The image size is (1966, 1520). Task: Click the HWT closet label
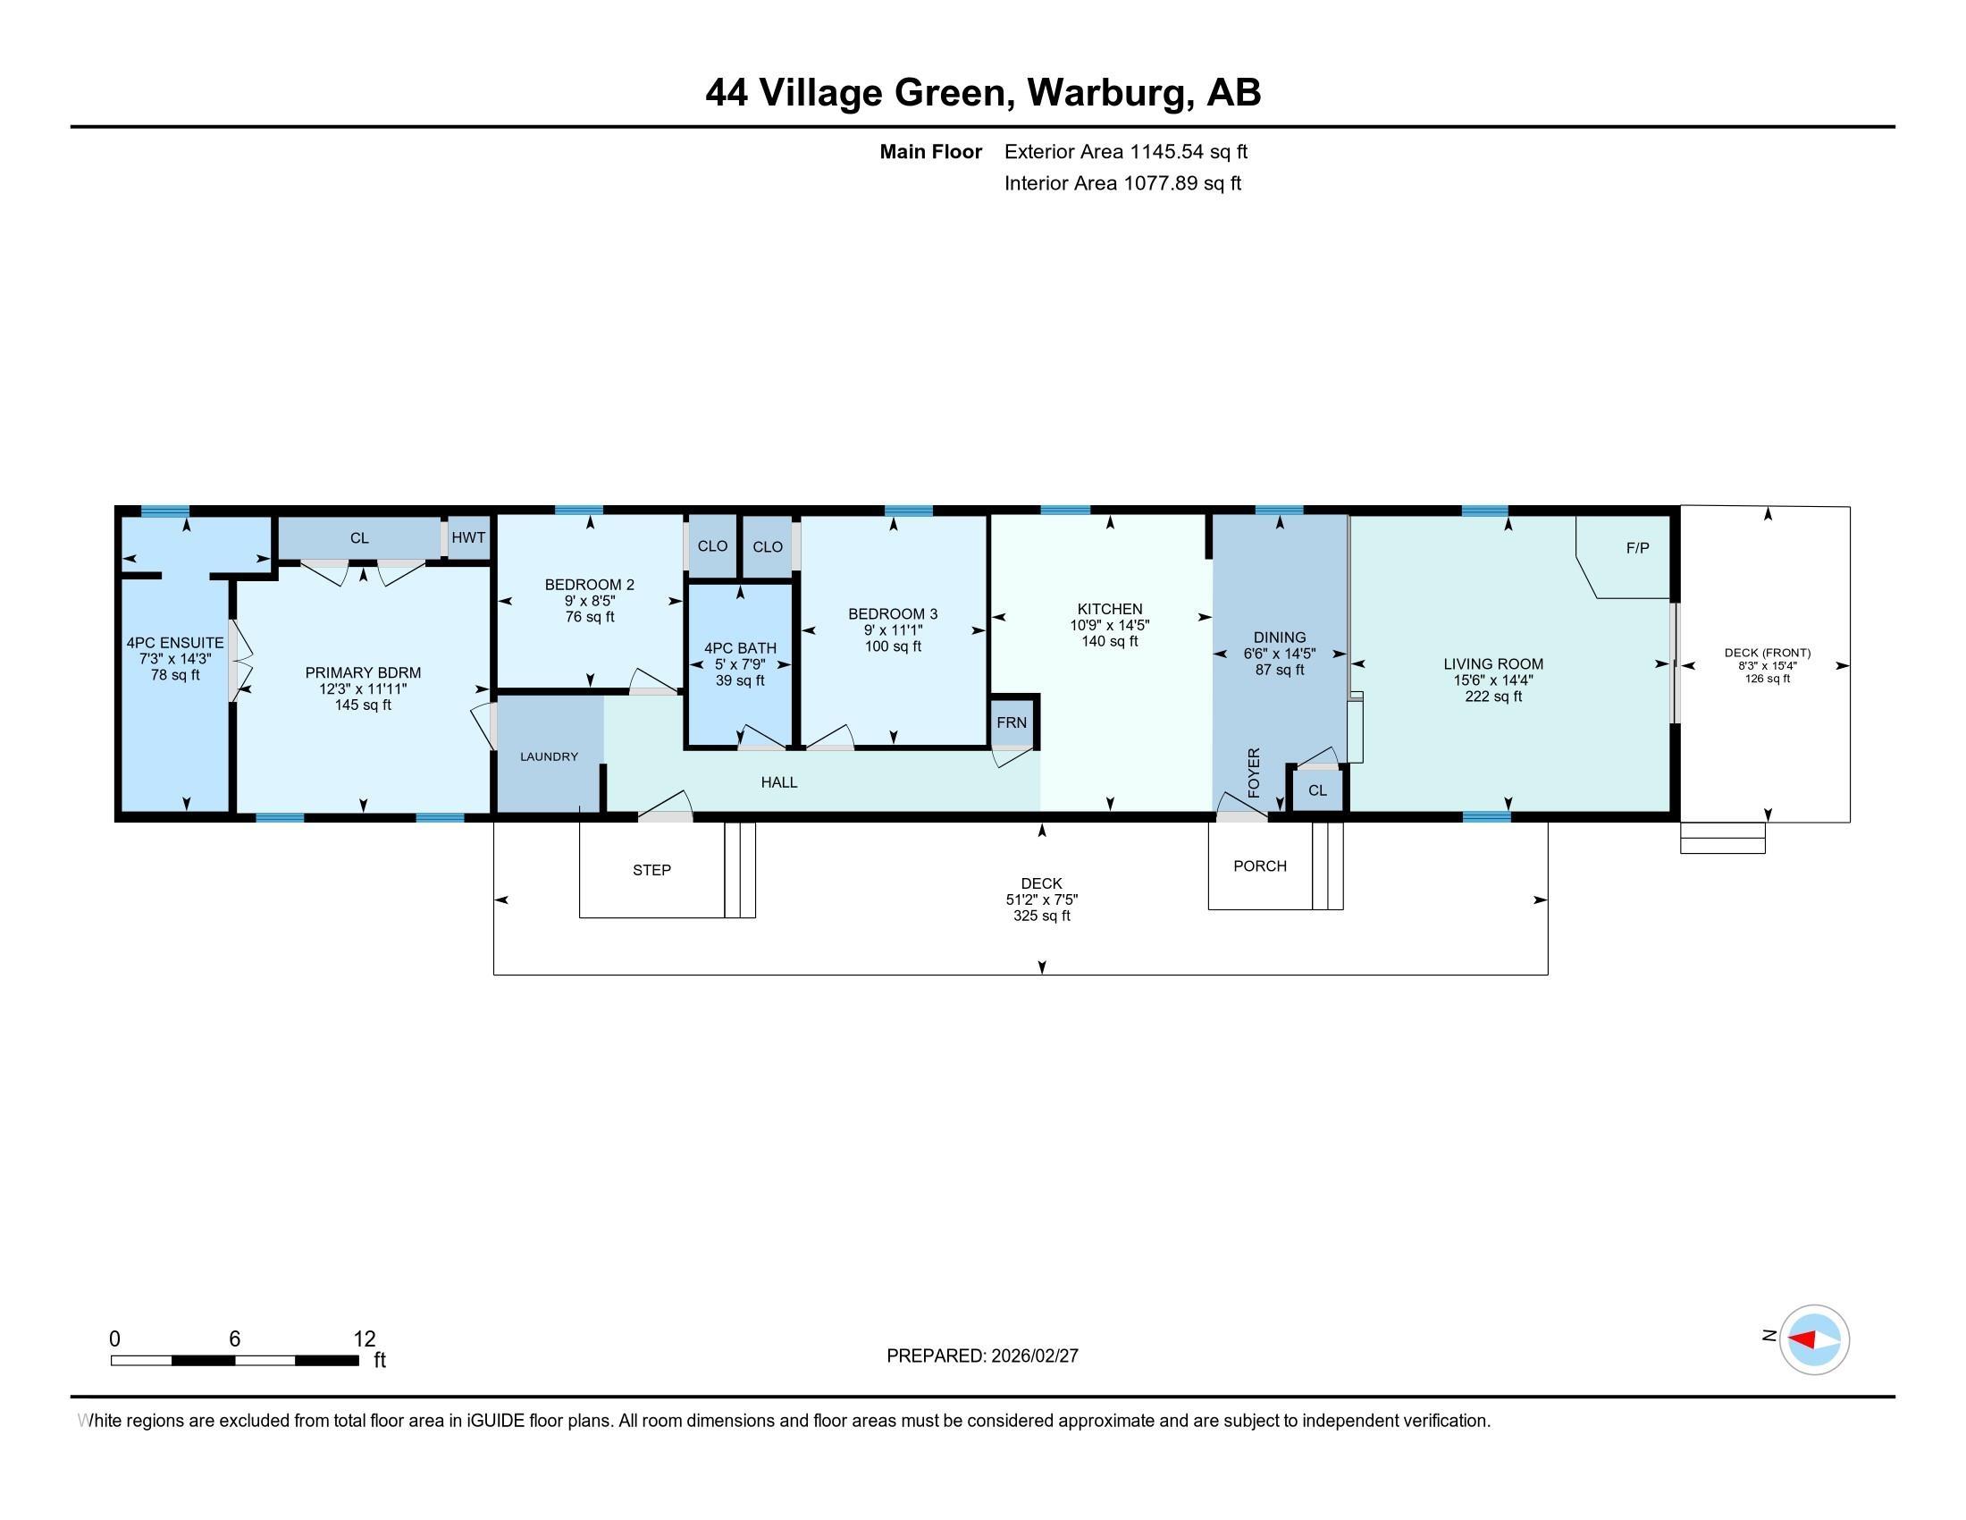[x=468, y=537]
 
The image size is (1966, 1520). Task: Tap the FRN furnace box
[x=1012, y=722]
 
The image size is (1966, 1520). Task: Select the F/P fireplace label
[x=1637, y=547]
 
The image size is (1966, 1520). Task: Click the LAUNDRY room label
[x=549, y=756]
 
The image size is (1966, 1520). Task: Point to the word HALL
[x=779, y=782]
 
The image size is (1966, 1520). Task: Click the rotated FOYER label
[x=1254, y=773]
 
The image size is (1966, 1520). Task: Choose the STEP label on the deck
[x=651, y=870]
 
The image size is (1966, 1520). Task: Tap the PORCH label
[x=1260, y=866]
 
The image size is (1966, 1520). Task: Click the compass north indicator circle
[x=1815, y=1340]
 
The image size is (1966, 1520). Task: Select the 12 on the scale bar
[x=365, y=1339]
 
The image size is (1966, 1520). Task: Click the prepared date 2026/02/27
[x=1033, y=1356]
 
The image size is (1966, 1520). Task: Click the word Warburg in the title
[x=1111, y=93]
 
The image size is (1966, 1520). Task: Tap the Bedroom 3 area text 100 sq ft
[x=893, y=646]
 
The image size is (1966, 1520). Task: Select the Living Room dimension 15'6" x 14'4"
[x=1493, y=680]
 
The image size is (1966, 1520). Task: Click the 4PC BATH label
[x=740, y=648]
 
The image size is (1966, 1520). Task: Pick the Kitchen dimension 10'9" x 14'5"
[x=1110, y=625]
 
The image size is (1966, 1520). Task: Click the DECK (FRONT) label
[x=1768, y=653]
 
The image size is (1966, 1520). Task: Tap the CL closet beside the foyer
[x=1318, y=790]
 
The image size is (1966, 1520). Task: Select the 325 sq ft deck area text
[x=1042, y=916]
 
